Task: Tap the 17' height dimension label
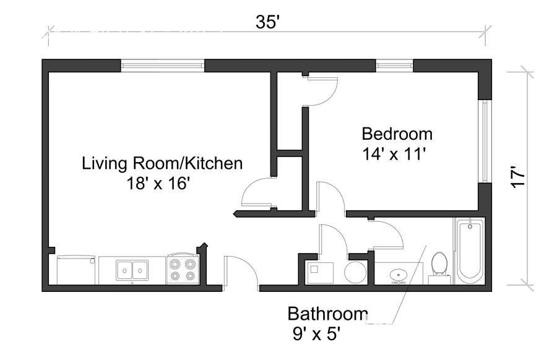tap(517, 177)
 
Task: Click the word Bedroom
tap(397, 134)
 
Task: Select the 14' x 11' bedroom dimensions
tap(394, 154)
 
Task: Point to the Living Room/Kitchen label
tap(162, 163)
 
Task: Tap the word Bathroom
tap(327, 314)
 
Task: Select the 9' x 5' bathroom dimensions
tap(317, 334)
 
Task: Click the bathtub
tap(470, 251)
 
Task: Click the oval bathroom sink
tap(399, 275)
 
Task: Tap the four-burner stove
tap(182, 268)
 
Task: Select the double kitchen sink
tap(132, 270)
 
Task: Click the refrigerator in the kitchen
tap(76, 270)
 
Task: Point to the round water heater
tap(355, 273)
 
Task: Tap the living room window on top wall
tap(163, 66)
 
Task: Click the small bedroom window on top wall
tap(394, 66)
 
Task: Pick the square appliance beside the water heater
tap(320, 273)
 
